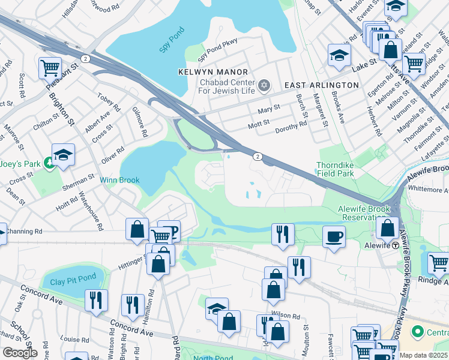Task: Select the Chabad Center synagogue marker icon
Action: pos(264,85)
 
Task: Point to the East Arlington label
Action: pos(321,85)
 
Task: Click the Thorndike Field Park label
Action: pos(335,169)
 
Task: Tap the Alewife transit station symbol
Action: pos(396,245)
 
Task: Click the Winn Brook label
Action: pos(119,180)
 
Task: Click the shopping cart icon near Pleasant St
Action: pos(50,67)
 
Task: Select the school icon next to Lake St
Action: pos(339,55)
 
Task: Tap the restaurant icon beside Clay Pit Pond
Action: pos(95,299)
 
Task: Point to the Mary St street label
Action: pos(268,108)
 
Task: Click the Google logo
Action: pos(20,352)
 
